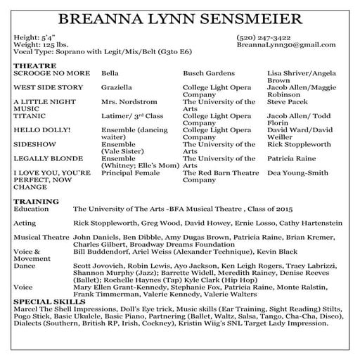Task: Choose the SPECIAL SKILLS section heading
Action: pos(49,301)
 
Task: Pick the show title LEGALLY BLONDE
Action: pos(46,159)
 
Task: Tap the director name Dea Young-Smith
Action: pos(297,173)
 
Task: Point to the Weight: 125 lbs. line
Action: pos(39,44)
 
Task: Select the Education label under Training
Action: pos(32,209)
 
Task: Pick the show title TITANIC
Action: pos(30,115)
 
